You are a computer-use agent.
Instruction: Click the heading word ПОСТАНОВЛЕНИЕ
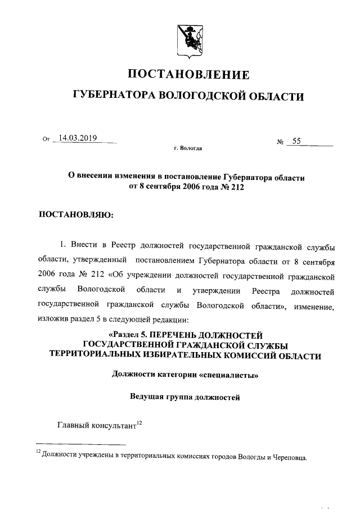tap(188, 74)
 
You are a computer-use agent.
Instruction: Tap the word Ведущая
tap(148, 397)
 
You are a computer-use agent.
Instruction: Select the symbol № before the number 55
tap(279, 142)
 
